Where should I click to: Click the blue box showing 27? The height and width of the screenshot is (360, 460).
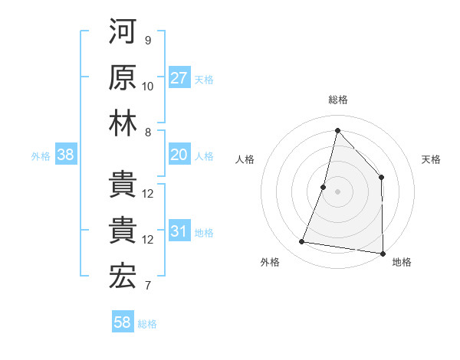coord(179,78)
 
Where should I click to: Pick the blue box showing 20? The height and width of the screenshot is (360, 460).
coord(179,155)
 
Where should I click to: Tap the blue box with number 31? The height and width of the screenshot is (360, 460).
coord(179,232)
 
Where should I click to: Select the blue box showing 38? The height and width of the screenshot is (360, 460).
coord(66,155)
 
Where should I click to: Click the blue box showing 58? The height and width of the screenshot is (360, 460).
coord(123,322)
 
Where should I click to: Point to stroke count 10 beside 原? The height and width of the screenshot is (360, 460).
coord(148,86)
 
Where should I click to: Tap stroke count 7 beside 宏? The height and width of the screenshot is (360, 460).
coord(148,286)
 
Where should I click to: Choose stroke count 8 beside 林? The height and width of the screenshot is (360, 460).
coord(148,132)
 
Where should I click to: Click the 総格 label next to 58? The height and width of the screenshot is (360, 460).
coord(147,324)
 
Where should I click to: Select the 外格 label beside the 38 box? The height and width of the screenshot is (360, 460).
coord(41,156)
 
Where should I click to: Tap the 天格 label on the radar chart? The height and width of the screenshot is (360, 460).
coord(432,159)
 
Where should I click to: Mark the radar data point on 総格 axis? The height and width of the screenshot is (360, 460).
coord(337,130)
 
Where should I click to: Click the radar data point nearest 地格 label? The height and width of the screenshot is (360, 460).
coord(382,253)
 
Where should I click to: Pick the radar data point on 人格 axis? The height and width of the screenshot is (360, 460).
coord(324,187)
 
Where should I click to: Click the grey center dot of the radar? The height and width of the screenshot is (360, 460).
coord(337,191)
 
